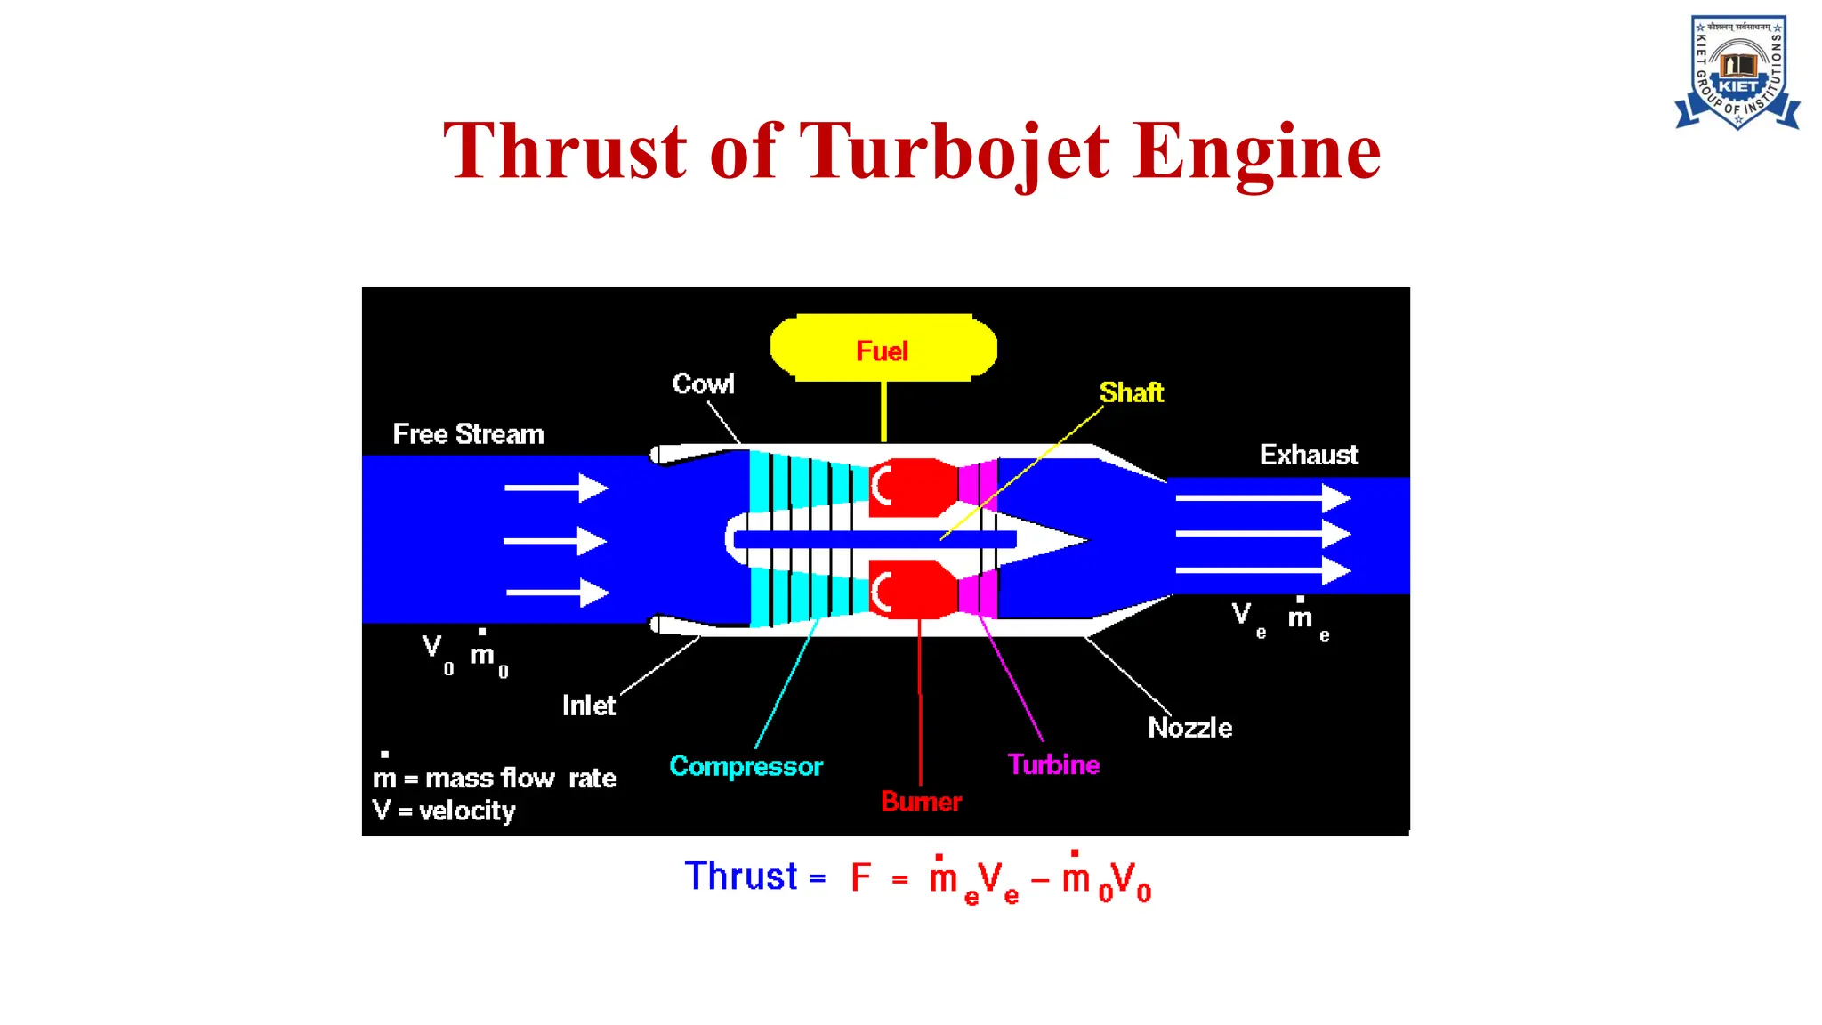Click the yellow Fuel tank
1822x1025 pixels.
point(883,348)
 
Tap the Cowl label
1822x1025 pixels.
point(703,384)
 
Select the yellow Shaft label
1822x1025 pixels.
point(1131,392)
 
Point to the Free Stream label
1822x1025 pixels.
point(468,434)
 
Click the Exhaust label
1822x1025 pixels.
point(1309,456)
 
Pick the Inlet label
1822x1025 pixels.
point(588,706)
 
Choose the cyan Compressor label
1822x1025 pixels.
point(746,766)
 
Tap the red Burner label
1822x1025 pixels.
point(921,802)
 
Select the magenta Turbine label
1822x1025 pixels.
point(1053,764)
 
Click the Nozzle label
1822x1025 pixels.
point(1189,728)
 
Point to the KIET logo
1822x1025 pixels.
point(1737,73)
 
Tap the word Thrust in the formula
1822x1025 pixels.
point(741,876)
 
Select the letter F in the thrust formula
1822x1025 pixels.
point(860,877)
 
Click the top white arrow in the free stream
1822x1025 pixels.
point(556,488)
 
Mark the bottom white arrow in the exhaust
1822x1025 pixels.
point(1263,570)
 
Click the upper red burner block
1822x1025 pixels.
point(915,487)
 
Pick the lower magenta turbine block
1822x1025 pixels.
point(978,593)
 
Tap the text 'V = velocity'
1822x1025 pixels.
point(444,811)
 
